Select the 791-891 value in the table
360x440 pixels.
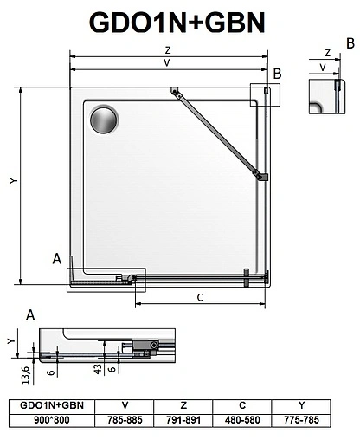tap(184, 417)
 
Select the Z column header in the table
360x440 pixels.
tap(184, 404)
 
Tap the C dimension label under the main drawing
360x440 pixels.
tap(200, 298)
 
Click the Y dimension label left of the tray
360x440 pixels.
tap(12, 180)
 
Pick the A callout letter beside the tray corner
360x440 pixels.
tap(57, 258)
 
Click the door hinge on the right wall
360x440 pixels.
tap(260, 176)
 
